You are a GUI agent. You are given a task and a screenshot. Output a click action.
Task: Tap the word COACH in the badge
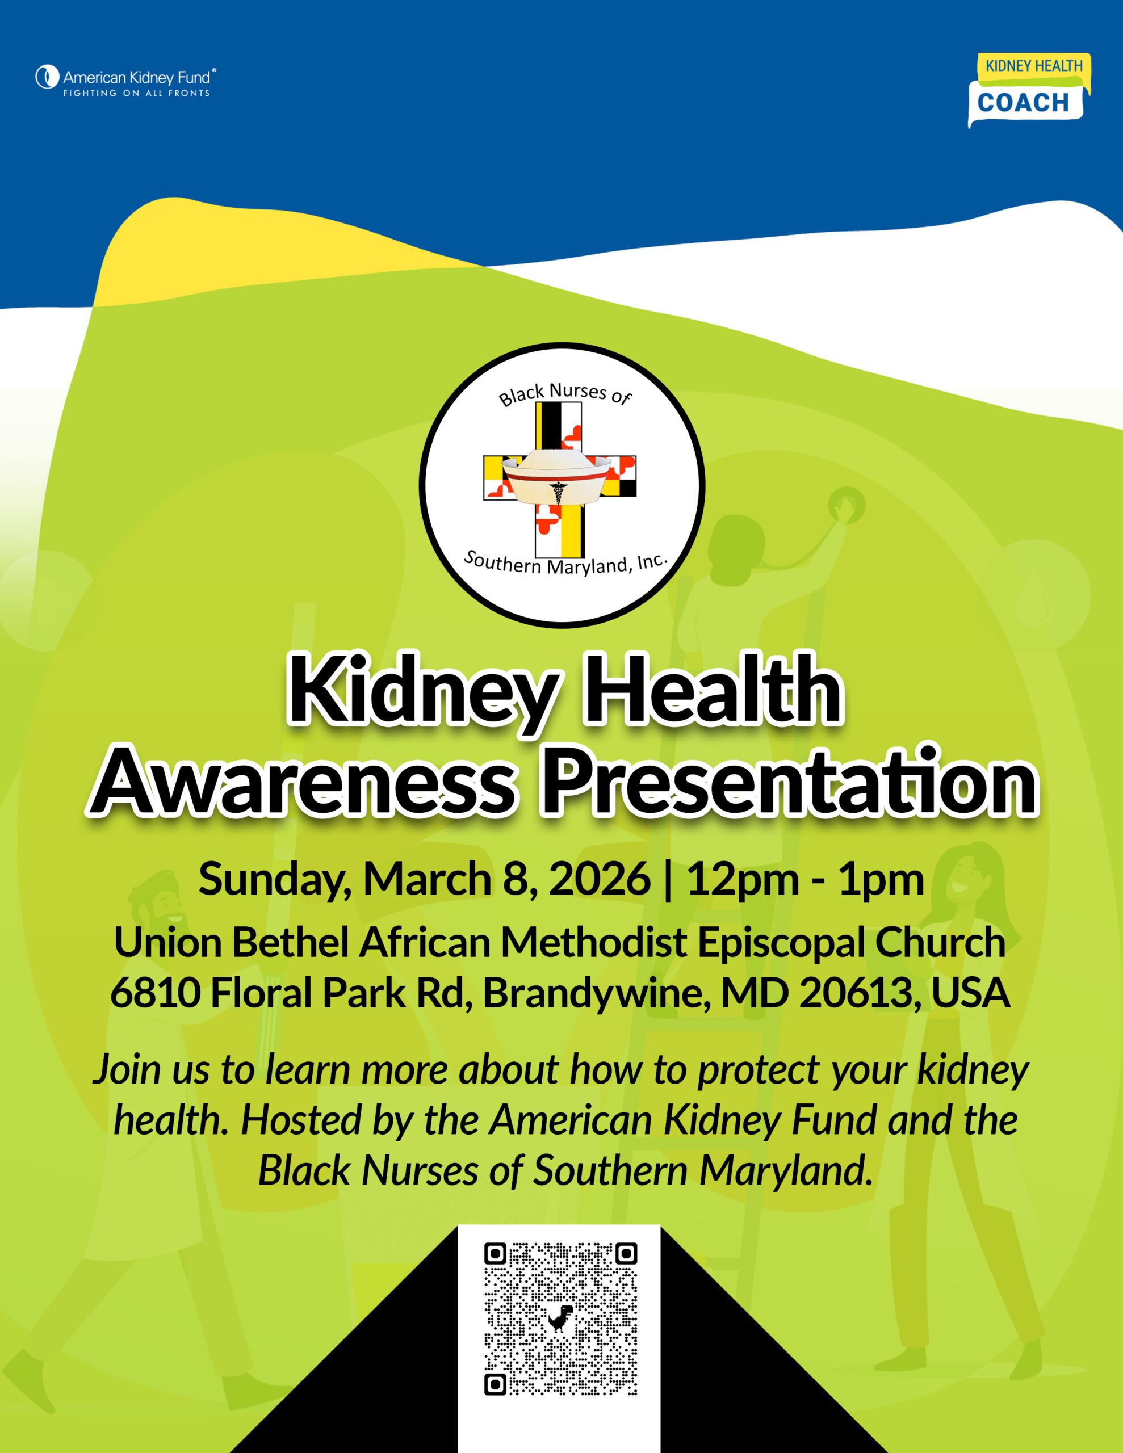[1023, 103]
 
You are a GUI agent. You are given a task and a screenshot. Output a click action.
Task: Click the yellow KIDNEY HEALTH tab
[1033, 66]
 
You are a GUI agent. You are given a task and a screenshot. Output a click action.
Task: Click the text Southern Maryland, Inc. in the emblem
[564, 564]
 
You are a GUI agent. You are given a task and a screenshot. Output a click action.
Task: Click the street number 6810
[156, 993]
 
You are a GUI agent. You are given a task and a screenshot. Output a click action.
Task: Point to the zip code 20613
[856, 993]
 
